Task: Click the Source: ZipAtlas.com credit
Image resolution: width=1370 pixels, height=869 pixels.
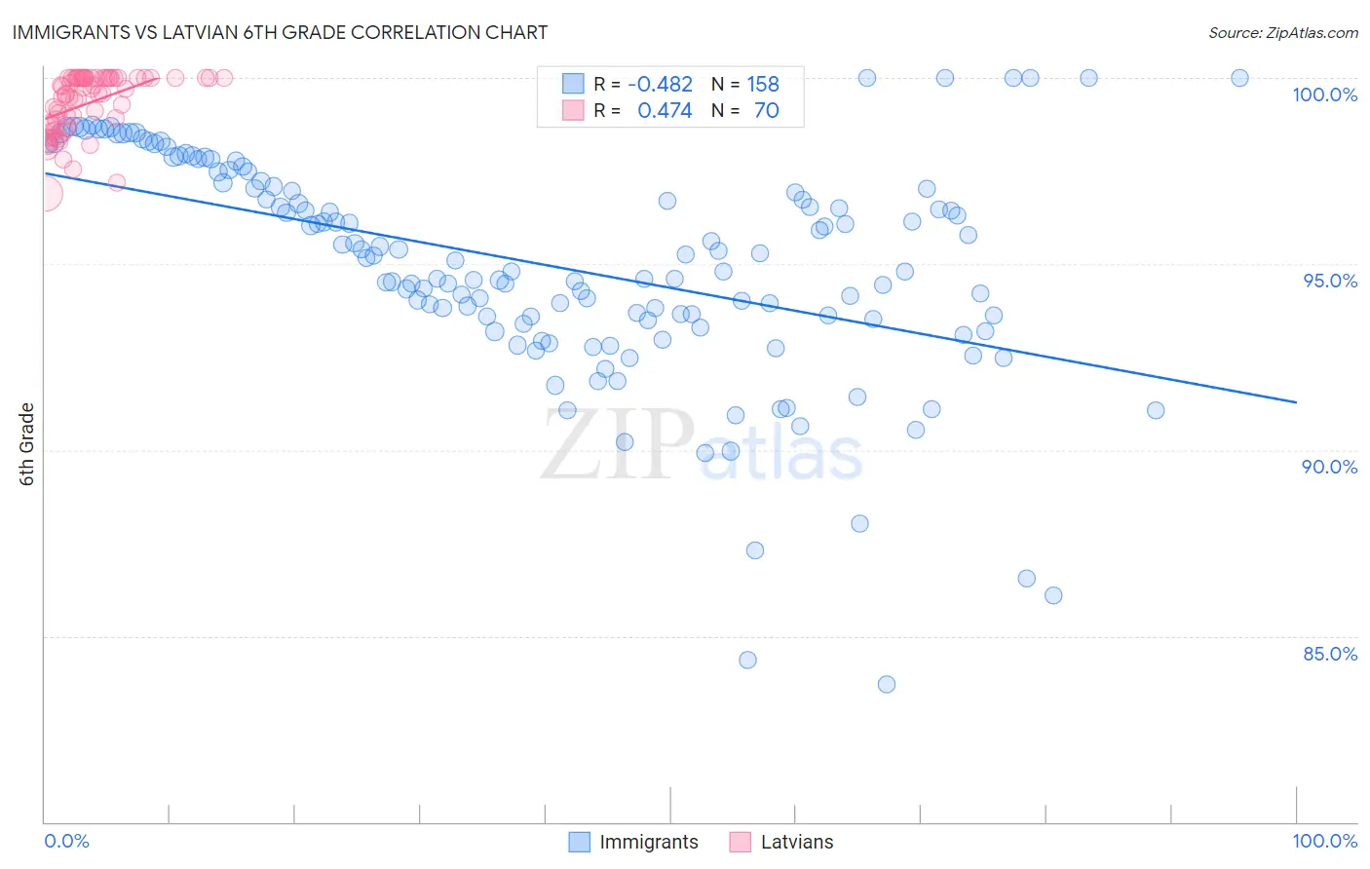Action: pyautogui.click(x=1282, y=32)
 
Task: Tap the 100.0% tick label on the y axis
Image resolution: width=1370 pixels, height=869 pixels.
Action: pyautogui.click(x=1324, y=94)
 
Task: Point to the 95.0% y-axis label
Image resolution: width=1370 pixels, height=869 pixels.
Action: pyautogui.click(x=1330, y=281)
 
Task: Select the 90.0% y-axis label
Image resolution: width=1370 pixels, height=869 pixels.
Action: pyautogui.click(x=1329, y=467)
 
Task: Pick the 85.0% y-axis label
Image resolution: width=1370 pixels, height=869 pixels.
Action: pyautogui.click(x=1329, y=654)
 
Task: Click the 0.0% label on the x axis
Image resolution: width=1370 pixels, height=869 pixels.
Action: pyautogui.click(x=66, y=841)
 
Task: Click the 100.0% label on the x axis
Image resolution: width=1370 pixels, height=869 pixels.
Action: pyautogui.click(x=1324, y=841)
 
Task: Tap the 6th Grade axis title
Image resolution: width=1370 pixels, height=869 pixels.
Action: pyautogui.click(x=27, y=444)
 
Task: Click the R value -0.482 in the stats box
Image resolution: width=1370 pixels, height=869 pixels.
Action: pyautogui.click(x=660, y=85)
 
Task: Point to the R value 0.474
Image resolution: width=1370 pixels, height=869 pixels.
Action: pyautogui.click(x=665, y=111)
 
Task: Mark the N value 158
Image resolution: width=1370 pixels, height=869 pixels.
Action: pyautogui.click(x=763, y=85)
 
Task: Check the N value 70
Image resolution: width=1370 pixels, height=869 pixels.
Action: pyautogui.click(x=766, y=111)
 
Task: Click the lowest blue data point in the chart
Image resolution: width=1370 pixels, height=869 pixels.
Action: pyautogui.click(x=886, y=684)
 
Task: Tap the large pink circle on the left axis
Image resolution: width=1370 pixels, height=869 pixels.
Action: pyautogui.click(x=45, y=194)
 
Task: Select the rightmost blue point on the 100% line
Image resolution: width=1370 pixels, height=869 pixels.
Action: pyautogui.click(x=1239, y=78)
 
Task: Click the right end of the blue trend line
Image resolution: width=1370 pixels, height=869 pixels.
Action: pyautogui.click(x=1296, y=402)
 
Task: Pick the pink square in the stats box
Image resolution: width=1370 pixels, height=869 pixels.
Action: pyautogui.click(x=573, y=110)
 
